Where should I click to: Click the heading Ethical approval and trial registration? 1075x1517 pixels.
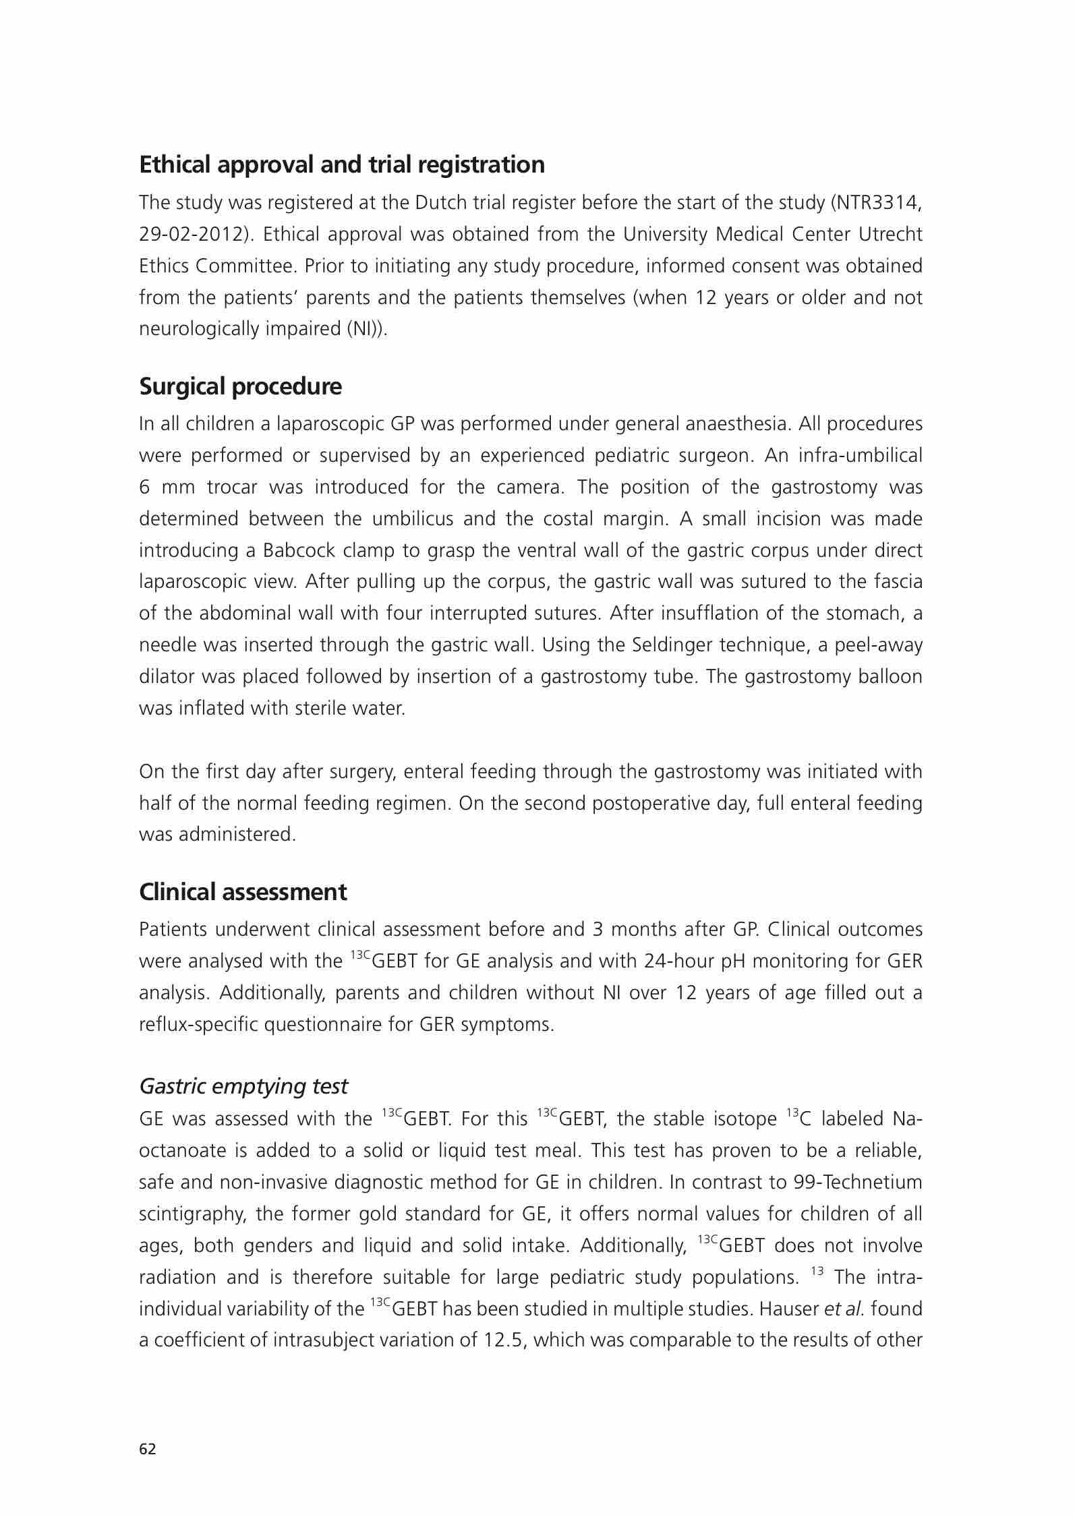342,165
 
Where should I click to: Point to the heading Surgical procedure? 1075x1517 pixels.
240,386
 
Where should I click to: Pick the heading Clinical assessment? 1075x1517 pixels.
243,891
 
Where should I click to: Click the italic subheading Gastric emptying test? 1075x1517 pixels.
243,1085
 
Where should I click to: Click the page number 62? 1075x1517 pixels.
147,1448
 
